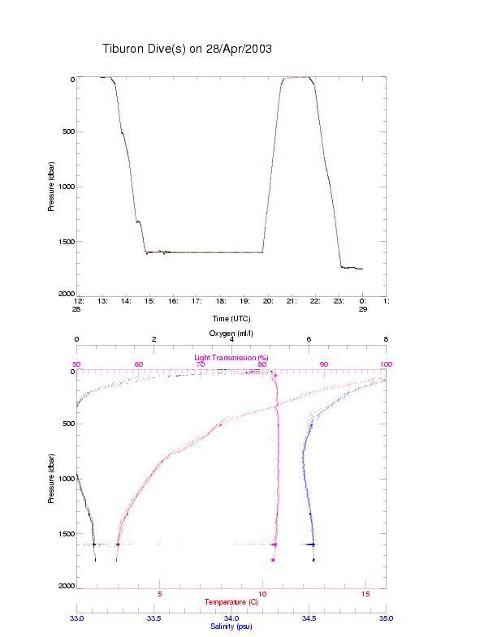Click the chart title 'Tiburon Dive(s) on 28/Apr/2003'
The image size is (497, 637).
[x=187, y=49]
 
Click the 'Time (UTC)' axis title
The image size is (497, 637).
[x=231, y=318]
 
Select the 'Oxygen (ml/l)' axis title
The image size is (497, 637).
[x=231, y=334]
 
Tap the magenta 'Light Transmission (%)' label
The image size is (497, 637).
[x=231, y=358]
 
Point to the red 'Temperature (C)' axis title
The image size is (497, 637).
[x=231, y=602]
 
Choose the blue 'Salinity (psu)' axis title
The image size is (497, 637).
[x=231, y=626]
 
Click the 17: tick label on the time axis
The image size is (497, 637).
[x=197, y=301]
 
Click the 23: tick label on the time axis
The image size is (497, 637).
[x=338, y=301]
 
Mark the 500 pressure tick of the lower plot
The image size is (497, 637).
[x=65, y=424]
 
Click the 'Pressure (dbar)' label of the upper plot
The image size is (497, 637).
[x=51, y=187]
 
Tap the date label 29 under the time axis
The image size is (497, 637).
[x=362, y=309]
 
